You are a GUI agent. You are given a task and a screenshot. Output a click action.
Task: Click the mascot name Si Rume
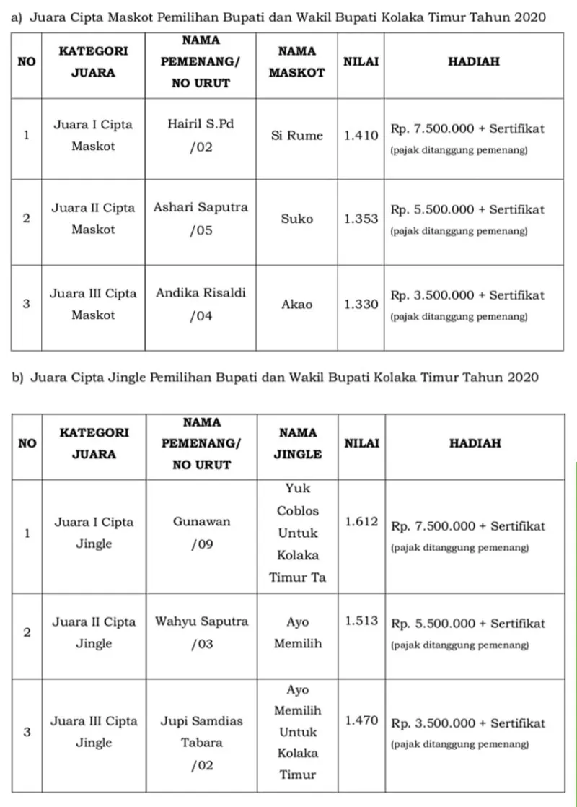[x=297, y=136]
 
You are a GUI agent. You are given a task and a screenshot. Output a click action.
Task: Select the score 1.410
[x=361, y=136]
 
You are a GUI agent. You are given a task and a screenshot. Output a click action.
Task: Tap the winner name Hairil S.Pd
[x=201, y=124]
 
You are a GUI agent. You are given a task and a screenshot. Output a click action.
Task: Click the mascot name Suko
[x=297, y=218]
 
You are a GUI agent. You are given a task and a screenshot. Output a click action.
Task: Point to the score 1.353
[x=361, y=218]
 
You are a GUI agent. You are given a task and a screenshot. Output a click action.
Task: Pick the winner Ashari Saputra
[x=201, y=207]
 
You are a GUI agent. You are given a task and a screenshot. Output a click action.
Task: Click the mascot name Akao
[x=297, y=304]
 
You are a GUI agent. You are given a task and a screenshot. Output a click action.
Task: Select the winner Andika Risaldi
[x=201, y=293]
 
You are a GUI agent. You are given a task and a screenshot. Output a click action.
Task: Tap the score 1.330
[x=361, y=304]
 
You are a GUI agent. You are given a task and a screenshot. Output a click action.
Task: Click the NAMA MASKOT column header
[x=297, y=61]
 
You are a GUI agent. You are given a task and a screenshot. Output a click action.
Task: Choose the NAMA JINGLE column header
[x=297, y=443]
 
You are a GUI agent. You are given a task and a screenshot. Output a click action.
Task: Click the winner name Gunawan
[x=201, y=522]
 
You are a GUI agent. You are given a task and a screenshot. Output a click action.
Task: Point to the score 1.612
[x=361, y=521]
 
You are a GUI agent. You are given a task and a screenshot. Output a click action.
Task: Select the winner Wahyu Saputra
[x=201, y=621]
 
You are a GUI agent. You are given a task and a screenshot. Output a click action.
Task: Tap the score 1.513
[x=361, y=621]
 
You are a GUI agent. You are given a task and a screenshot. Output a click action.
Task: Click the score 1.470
[x=361, y=720]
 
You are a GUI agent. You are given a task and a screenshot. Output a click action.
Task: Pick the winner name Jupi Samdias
[x=201, y=721]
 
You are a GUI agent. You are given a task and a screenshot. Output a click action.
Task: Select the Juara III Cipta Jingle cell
[x=94, y=731]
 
